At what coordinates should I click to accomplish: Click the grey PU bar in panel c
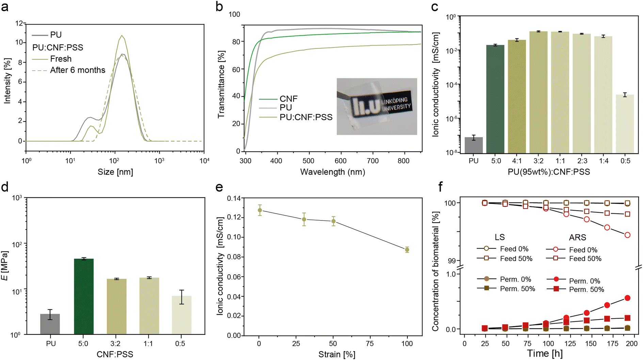473,145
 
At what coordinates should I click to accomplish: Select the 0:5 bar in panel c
625,124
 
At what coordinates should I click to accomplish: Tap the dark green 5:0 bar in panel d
84,297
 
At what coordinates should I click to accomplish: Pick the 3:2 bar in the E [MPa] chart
116,307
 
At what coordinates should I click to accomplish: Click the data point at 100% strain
407,250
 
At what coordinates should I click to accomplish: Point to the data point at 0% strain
260,210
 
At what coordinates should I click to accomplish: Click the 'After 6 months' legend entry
69,70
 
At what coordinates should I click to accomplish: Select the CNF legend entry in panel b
278,99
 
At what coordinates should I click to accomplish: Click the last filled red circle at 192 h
628,298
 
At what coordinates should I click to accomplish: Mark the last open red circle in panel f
628,235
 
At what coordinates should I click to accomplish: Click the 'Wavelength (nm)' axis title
333,172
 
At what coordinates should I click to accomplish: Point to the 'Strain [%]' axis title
337,355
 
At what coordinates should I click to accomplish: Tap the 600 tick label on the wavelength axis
340,161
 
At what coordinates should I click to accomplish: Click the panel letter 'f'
441,186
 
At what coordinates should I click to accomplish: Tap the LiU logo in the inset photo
366,107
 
